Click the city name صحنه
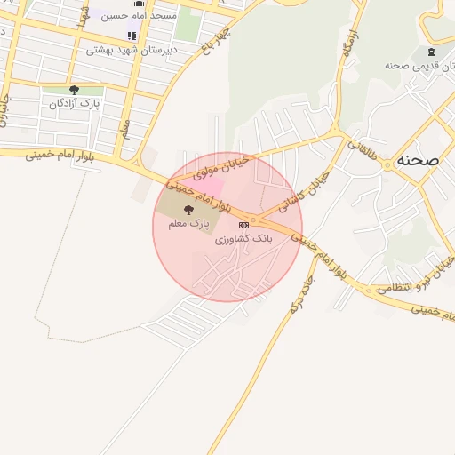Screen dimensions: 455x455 419,159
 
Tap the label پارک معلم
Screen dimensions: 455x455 188,224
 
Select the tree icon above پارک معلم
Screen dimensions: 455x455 188,210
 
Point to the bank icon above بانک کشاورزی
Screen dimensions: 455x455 243,225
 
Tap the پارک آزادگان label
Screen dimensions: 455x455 74,103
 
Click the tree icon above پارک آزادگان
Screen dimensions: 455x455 74,90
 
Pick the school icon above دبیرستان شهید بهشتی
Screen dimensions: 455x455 132,36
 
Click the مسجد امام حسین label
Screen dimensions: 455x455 139,15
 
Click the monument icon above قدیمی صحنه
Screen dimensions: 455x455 431,52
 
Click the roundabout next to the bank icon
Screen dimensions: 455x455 254,219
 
